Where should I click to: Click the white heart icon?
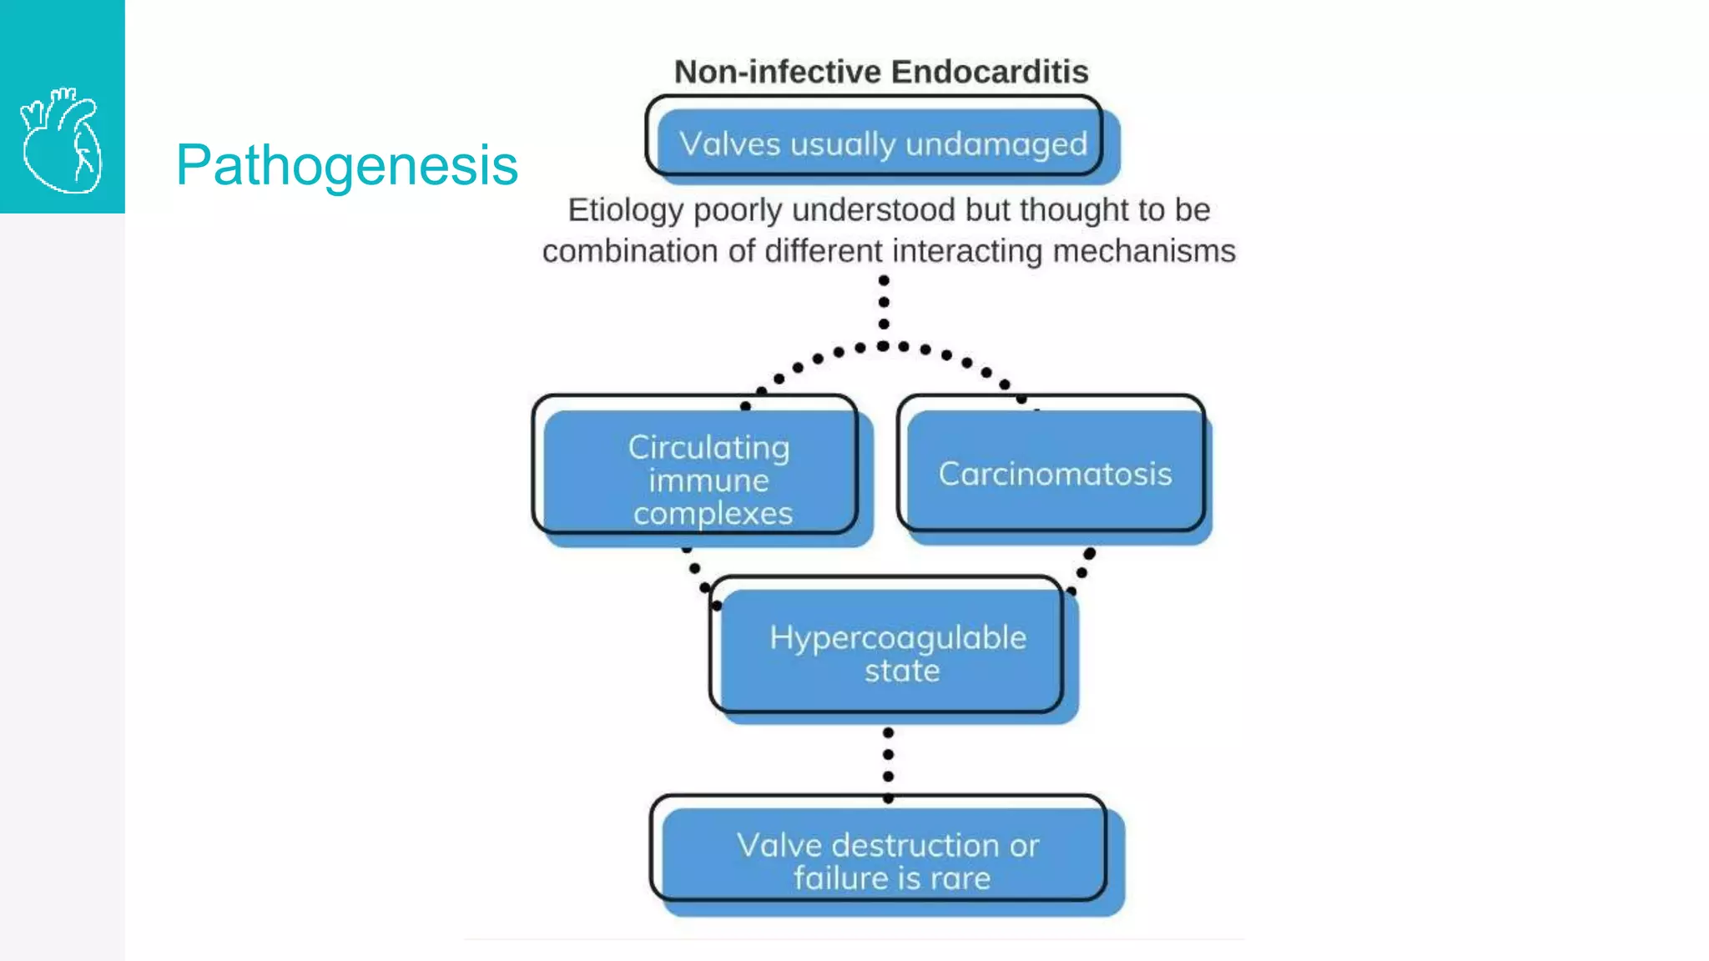(x=62, y=140)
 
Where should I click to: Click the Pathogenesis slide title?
(x=346, y=165)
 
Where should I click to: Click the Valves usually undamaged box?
(x=883, y=143)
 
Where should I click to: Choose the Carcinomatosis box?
(x=1055, y=474)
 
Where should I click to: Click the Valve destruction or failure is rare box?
(x=888, y=860)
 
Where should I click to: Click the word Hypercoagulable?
(x=898, y=638)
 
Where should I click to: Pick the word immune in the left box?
(x=708, y=481)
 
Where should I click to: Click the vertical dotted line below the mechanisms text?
(x=884, y=302)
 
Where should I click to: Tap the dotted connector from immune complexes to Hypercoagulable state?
(x=696, y=570)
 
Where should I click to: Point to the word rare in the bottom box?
(x=960, y=878)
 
